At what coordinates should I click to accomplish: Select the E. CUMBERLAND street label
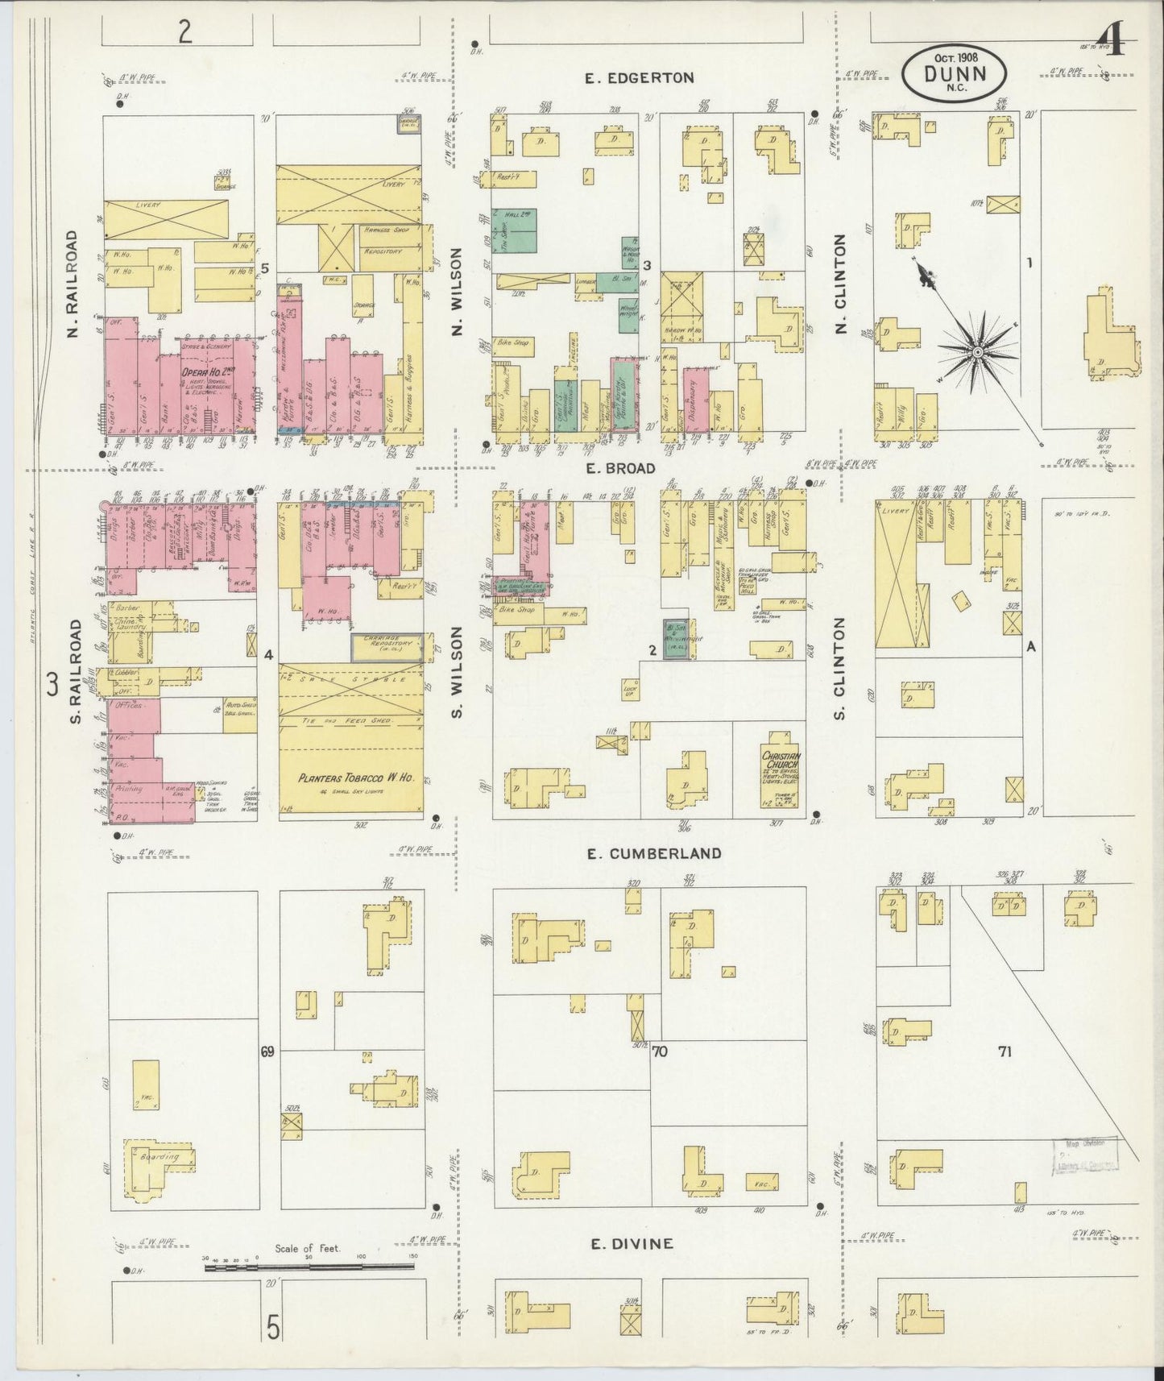[x=653, y=853]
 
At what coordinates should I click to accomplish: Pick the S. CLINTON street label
[x=840, y=669]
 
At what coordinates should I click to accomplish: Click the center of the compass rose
[x=977, y=352]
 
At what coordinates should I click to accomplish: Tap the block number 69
[x=267, y=1051]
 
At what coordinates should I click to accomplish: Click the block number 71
[x=1004, y=1051]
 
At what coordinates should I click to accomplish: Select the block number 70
[x=661, y=1051]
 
